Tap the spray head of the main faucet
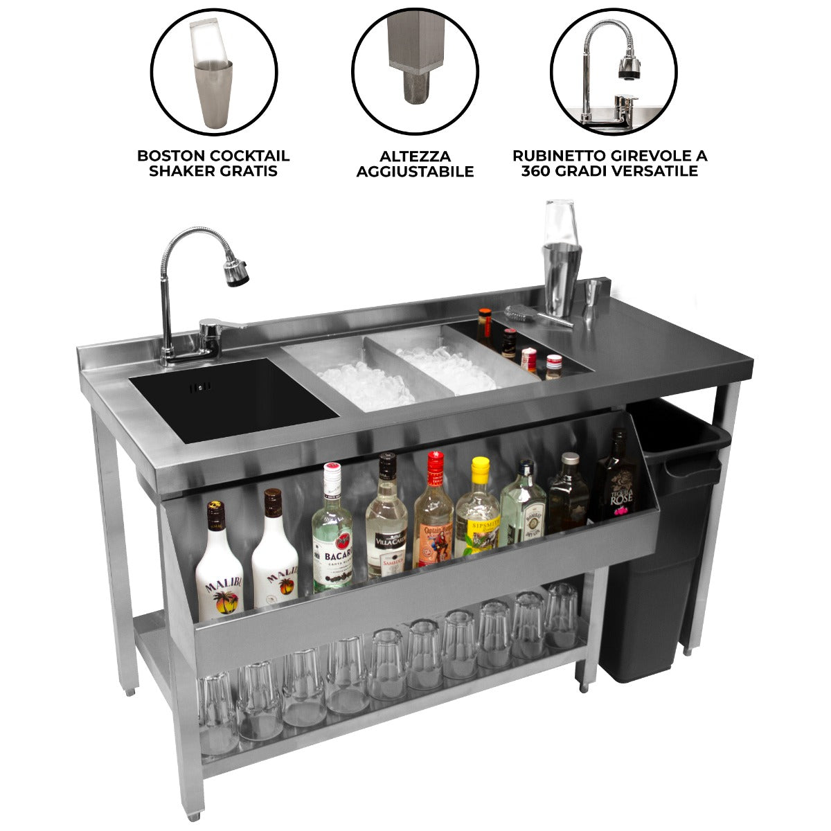237,271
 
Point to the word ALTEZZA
415,157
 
